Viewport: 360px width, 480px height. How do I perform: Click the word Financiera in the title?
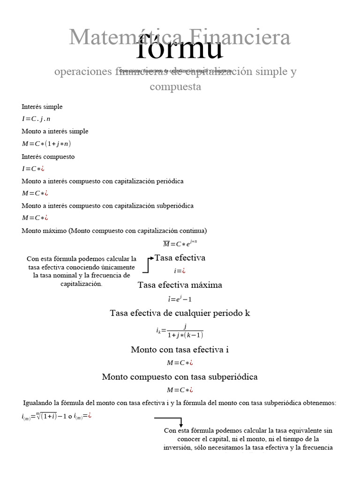coord(243,37)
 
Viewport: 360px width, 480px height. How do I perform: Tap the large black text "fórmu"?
coord(180,48)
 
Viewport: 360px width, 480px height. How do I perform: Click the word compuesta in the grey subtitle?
coord(175,87)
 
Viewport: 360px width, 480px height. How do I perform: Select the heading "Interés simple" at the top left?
coord(42,107)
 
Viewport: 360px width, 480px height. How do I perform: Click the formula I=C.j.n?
coord(36,119)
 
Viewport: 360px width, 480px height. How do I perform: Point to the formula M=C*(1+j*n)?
coord(46,143)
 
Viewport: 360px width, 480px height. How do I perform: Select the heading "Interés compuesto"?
coord(48,157)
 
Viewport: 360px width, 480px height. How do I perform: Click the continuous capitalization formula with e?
coord(180,243)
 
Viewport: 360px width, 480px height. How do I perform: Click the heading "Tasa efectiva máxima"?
coord(180,285)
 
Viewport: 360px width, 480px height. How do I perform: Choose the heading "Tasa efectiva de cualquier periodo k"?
coord(180,313)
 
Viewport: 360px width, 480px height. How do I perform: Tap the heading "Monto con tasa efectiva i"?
coord(180,350)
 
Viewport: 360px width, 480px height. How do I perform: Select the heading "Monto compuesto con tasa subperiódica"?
coord(180,377)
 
